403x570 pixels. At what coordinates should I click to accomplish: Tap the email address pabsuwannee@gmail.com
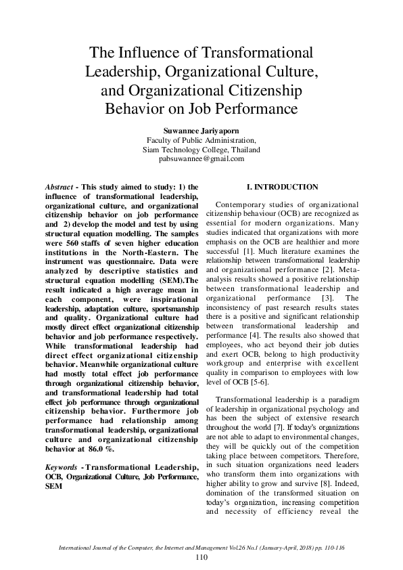coord(201,159)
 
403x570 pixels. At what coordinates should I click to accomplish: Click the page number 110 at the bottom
coord(201,557)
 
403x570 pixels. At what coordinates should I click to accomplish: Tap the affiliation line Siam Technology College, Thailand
coord(201,149)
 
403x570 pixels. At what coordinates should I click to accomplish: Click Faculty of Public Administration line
coord(201,139)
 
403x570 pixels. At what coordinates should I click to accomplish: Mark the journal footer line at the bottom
coord(201,546)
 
